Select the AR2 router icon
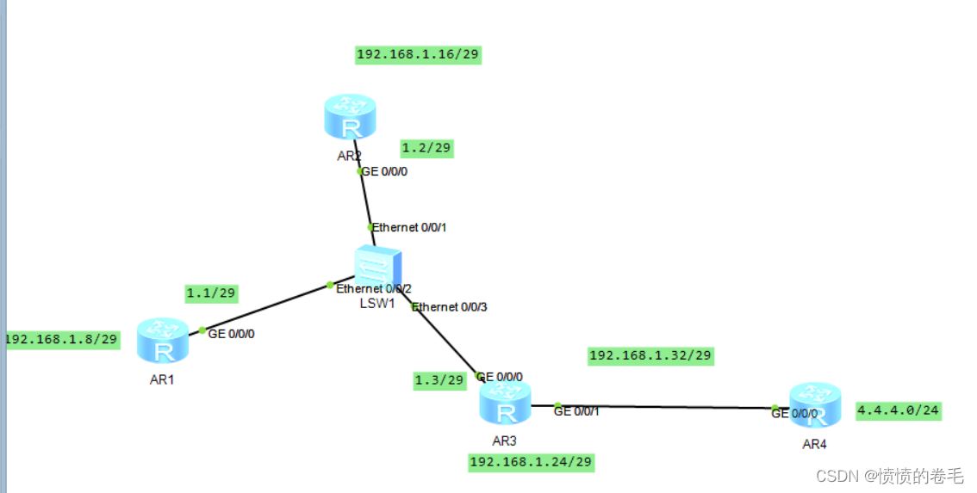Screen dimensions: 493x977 (351, 117)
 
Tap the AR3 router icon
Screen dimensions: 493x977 (506, 404)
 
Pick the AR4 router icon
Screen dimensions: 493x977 (815, 405)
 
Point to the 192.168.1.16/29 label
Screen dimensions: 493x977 (418, 55)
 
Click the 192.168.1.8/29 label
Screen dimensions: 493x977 (61, 339)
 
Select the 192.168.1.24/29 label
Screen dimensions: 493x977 (532, 462)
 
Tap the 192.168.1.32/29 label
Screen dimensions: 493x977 (651, 355)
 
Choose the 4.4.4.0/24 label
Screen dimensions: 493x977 (898, 410)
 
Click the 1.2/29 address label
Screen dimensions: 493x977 (426, 148)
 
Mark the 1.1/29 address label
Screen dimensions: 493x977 (211, 293)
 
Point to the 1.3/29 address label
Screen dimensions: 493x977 (439, 380)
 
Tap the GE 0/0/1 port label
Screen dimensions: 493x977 (576, 411)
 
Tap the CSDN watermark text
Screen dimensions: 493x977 (889, 476)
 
